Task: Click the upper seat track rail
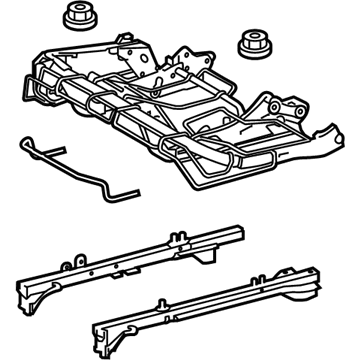(185, 253)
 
